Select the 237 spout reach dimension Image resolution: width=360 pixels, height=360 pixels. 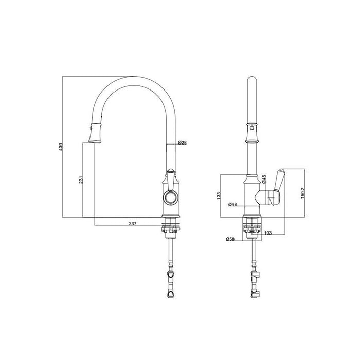click(x=132, y=223)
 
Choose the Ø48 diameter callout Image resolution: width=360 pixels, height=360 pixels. click(x=233, y=204)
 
